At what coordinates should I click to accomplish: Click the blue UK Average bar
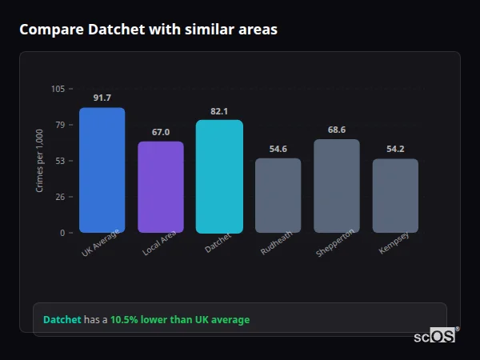102,170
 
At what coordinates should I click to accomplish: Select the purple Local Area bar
161,187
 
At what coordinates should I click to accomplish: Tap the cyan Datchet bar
219,177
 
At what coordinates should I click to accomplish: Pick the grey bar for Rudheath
278,195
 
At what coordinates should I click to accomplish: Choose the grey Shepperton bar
337,186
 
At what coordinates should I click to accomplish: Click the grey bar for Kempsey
395,196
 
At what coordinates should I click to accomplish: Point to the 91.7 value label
102,98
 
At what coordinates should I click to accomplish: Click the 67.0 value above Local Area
161,132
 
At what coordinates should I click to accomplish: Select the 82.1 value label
219,111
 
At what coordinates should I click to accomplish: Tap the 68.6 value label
337,130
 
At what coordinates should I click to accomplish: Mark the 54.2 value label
395,150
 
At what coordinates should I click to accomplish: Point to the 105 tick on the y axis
58,89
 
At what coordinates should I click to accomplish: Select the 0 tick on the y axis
62,233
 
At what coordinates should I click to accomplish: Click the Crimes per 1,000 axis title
39,161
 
